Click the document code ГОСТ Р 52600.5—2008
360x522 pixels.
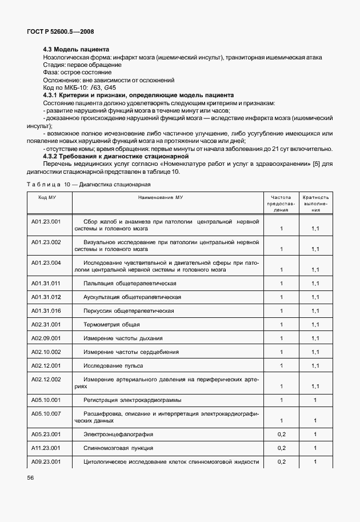56,33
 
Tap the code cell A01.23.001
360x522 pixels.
46,221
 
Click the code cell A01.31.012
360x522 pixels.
46,297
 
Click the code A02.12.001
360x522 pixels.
46,365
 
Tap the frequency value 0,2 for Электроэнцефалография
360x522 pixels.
281,435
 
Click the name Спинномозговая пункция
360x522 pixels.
118,448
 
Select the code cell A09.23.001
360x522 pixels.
46,462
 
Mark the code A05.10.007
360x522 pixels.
46,413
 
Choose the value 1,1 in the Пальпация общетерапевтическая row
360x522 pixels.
315,284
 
